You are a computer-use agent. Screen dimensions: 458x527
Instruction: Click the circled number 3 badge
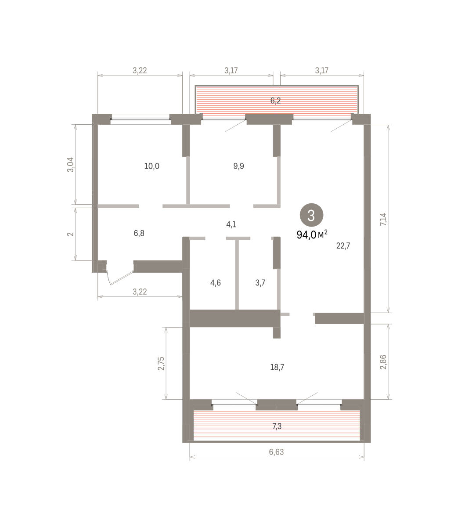tap(311, 215)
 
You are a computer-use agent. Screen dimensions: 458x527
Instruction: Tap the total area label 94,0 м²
tap(312, 235)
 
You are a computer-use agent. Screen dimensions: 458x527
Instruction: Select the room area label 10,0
tap(151, 166)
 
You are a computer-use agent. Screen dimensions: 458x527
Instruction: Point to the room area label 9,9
tap(238, 166)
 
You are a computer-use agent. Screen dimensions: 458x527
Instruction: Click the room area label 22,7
tap(343, 246)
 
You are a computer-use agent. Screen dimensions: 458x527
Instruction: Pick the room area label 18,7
tap(277, 367)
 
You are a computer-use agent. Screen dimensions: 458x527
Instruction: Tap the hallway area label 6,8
tap(139, 233)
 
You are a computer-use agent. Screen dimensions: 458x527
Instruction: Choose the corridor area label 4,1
tap(231, 224)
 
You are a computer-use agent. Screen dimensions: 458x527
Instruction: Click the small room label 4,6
tap(216, 283)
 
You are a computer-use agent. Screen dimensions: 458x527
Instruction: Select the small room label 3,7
tap(260, 283)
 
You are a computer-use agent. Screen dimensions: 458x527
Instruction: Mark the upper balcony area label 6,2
tap(275, 101)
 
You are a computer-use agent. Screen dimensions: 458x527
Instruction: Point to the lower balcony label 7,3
tap(277, 426)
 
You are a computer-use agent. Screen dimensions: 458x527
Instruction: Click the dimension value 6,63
tap(276, 452)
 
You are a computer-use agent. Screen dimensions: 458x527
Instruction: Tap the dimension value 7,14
tap(383, 219)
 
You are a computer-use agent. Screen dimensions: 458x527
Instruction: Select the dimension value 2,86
tap(383, 362)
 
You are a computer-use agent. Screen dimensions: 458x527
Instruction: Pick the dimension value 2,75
tap(161, 364)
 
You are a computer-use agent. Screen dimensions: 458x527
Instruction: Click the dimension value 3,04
tap(70, 165)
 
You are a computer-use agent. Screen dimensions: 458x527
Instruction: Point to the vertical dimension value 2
tap(70, 234)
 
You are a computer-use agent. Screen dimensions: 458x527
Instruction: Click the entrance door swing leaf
tap(122, 278)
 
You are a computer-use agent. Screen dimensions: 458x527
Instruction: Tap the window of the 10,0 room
tap(141, 119)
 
